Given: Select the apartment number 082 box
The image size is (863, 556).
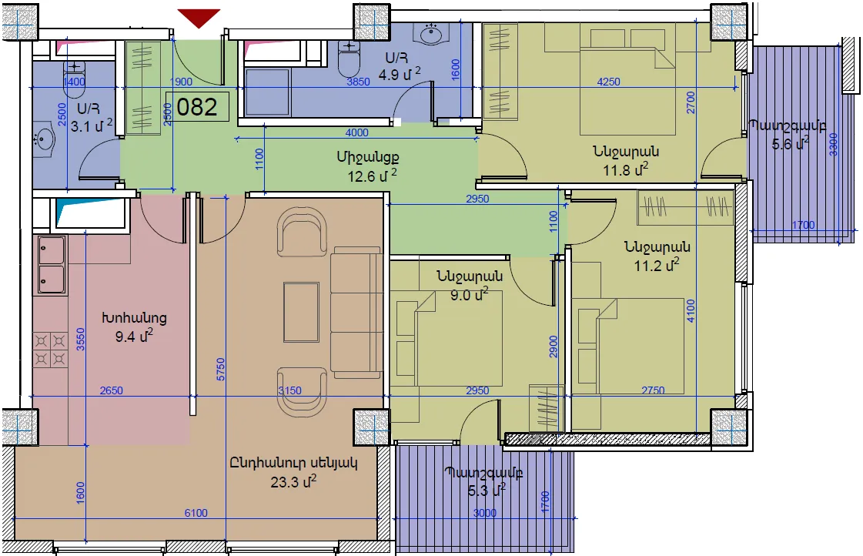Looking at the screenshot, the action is click(197, 107).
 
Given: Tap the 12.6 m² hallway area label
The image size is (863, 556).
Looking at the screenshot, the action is click(372, 176).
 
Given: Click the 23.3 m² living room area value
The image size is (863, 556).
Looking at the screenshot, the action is click(293, 481).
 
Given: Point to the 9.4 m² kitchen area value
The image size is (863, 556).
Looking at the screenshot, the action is click(134, 335).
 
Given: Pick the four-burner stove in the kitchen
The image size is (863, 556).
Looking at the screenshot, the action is click(50, 350).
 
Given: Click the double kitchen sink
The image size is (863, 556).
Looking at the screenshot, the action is click(51, 265).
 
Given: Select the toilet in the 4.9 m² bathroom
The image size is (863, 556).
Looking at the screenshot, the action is click(348, 59).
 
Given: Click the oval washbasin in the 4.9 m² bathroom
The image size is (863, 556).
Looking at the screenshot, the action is click(431, 34).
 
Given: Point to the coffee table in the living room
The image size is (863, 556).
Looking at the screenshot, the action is click(301, 312).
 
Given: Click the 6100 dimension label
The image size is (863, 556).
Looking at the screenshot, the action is click(196, 513).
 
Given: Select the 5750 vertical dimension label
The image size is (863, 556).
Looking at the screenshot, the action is click(221, 370).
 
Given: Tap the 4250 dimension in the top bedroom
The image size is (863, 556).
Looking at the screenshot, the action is click(609, 82).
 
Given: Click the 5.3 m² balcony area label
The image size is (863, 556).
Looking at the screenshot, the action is click(487, 490).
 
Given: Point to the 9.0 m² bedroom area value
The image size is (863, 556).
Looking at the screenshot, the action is click(469, 295).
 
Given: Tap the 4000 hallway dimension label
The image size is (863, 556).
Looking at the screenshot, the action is click(356, 132).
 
